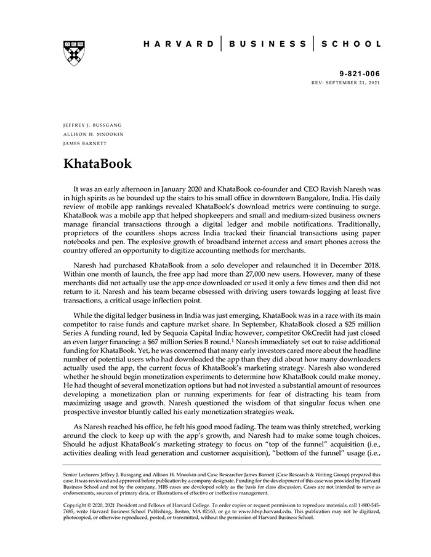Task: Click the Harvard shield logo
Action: [x=73, y=53]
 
